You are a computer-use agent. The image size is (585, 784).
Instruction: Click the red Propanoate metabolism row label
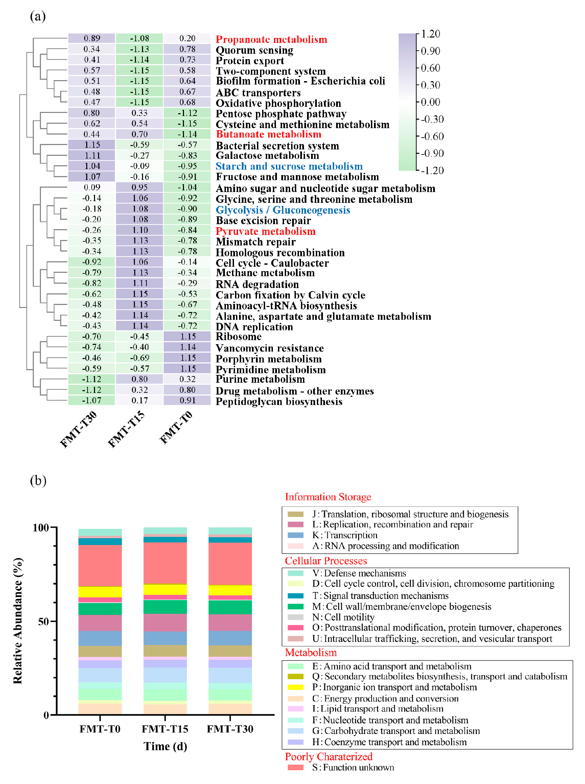tap(271, 39)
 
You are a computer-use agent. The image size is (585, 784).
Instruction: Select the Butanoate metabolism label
tap(268, 135)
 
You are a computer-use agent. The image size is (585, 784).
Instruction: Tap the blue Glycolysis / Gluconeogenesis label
tap(283, 210)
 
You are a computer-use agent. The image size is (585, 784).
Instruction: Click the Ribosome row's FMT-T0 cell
tap(187, 336)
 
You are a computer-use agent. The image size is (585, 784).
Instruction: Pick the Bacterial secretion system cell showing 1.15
tap(92, 145)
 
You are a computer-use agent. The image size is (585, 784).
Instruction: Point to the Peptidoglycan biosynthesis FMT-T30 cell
tap(92, 400)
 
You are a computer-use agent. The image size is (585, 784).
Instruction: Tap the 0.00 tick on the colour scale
tap(430, 102)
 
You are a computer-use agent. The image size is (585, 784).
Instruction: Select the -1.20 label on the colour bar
tap(432, 171)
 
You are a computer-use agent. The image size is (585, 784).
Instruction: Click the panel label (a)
tap(38, 16)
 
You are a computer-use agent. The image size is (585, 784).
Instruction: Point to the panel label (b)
tap(38, 480)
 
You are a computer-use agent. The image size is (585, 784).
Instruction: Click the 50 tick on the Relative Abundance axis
tap(44, 621)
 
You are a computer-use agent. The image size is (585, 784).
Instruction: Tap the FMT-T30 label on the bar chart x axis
tap(230, 729)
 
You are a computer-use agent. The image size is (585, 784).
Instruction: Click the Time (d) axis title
tap(165, 746)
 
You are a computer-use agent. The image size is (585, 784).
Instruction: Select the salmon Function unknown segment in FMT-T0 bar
tap(100, 566)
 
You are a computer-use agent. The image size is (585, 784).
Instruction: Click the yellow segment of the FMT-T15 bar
tap(165, 590)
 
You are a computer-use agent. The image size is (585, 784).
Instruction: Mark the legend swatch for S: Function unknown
tap(295, 767)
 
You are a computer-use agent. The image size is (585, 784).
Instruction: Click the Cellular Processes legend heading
tap(325, 561)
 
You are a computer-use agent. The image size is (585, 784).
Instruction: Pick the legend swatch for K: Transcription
tap(295, 535)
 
